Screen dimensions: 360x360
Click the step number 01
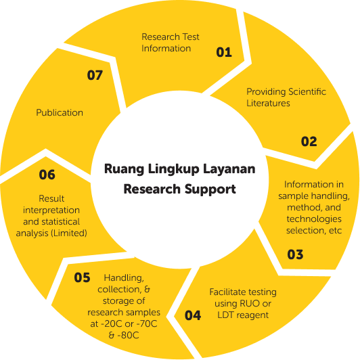tap(224, 52)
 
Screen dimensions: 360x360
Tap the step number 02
tap(309, 141)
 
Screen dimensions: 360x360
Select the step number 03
tap(295, 254)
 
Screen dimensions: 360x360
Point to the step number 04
tap(193, 315)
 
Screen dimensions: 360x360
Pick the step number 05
tap(82, 277)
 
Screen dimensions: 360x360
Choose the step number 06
tap(47, 175)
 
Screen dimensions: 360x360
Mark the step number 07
tap(95, 75)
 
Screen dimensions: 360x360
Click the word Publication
tap(60, 112)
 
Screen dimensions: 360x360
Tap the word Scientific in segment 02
tap(307, 91)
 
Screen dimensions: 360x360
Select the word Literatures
tap(268, 103)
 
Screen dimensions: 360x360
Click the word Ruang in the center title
tap(125, 169)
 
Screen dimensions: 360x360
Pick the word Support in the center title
tap(210, 189)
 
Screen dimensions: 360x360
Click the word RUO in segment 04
tap(250, 303)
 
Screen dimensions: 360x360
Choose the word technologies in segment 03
tap(314, 219)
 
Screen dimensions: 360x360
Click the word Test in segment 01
tap(191, 37)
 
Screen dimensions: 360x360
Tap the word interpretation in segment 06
tap(51, 210)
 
